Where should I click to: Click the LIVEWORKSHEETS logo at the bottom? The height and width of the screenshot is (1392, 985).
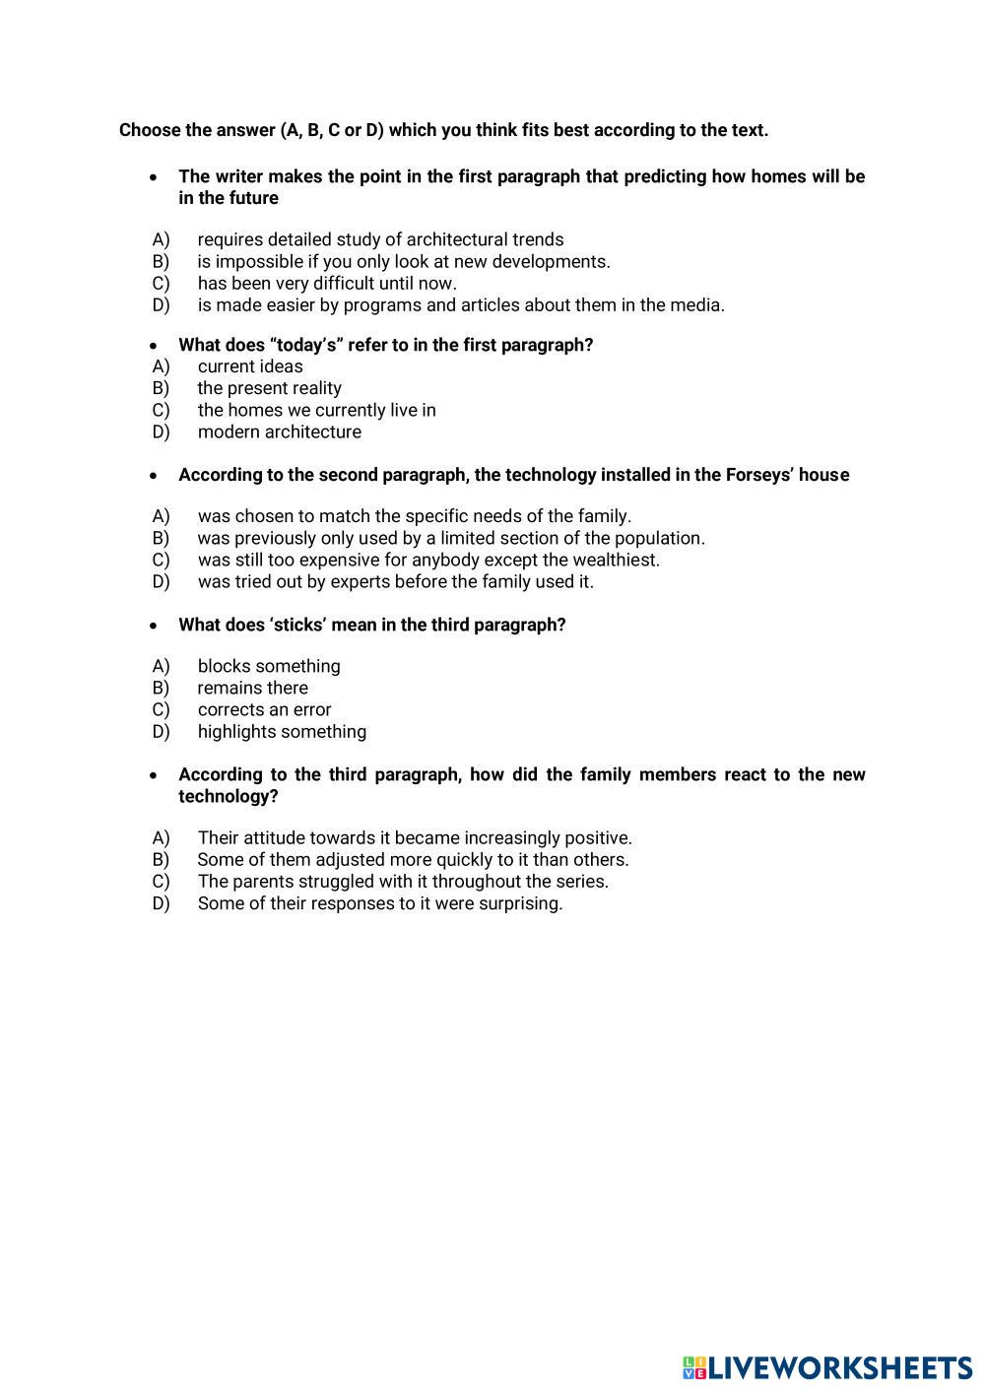pos(827,1367)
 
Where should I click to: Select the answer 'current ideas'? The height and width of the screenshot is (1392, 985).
pos(250,366)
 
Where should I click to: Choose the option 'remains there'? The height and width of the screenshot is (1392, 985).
pos(252,688)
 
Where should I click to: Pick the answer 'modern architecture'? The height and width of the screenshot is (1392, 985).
pos(279,431)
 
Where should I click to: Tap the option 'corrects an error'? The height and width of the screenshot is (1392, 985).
pos(264,709)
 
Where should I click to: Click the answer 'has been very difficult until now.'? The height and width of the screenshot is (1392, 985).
pos(327,283)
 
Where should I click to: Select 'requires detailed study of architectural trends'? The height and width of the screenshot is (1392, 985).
pos(380,239)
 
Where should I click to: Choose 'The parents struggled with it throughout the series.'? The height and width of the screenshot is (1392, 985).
pos(403,881)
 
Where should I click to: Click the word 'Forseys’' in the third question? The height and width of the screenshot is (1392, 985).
pos(759,475)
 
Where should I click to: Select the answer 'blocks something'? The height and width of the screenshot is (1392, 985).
pos(269,666)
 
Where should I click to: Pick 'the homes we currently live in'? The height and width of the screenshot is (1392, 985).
pos(316,410)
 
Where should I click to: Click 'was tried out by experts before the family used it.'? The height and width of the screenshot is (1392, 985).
pos(395,581)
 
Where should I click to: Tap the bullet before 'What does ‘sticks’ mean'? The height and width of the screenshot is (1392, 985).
pos(153,626)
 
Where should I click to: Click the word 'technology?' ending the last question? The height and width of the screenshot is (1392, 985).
pos(228,796)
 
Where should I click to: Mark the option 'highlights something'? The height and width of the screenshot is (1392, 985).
pos(282,731)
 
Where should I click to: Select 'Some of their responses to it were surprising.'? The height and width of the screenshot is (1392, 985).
pos(380,903)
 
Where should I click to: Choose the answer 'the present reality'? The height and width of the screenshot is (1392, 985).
pos(269,388)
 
